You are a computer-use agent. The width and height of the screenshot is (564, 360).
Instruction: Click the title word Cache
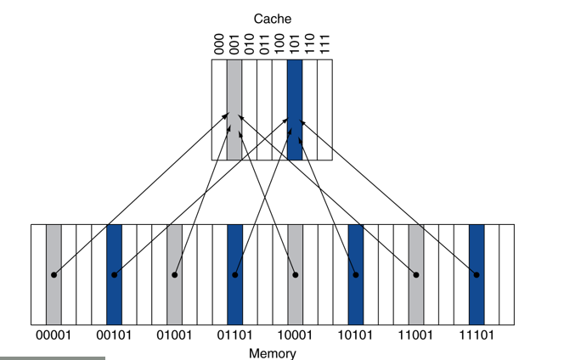click(x=273, y=17)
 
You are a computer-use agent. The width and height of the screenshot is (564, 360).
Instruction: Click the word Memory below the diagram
click(x=273, y=352)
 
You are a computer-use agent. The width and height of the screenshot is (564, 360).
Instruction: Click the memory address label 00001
click(x=54, y=335)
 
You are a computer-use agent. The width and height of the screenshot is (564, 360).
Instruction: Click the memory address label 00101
click(x=114, y=335)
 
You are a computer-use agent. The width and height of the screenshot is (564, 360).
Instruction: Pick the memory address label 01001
click(x=174, y=335)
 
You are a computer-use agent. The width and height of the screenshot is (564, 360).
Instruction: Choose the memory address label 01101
click(x=234, y=335)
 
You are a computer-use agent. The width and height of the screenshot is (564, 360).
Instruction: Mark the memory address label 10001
click(x=295, y=335)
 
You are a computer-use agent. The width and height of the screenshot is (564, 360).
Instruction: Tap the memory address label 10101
click(x=356, y=335)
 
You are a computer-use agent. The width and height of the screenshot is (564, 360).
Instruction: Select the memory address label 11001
click(x=416, y=335)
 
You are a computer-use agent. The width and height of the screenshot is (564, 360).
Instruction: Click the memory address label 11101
click(x=477, y=335)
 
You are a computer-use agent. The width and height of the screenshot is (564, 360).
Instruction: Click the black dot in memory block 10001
click(x=296, y=275)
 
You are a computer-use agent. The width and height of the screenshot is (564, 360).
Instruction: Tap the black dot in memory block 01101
click(x=235, y=275)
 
